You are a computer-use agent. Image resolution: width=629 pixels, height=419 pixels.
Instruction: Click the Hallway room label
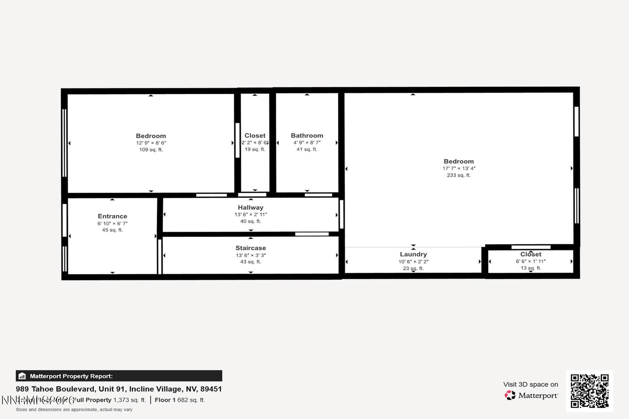(251, 208)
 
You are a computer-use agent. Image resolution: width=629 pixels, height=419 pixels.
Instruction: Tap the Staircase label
(251, 248)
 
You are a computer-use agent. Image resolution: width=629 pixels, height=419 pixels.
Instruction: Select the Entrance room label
(112, 216)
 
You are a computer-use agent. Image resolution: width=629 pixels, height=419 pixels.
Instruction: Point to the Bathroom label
(307, 136)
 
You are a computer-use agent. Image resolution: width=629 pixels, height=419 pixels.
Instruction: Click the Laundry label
(413, 254)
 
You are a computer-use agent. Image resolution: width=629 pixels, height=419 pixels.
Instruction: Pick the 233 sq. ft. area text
(459, 175)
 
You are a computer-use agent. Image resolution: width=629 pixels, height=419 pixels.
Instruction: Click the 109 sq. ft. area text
(151, 150)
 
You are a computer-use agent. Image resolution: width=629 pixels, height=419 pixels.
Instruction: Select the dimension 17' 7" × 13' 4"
(459, 168)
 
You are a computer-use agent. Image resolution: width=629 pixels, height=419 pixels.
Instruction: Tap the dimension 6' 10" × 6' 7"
(112, 224)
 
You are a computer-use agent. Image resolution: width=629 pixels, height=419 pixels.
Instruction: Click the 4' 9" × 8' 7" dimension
(307, 143)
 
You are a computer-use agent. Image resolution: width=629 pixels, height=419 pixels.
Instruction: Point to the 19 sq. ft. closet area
(255, 149)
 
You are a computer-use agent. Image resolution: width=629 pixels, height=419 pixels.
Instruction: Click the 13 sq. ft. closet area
(531, 268)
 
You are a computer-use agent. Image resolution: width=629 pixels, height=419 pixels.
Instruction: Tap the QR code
(589, 391)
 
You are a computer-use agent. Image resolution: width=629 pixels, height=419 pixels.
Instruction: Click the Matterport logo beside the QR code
(531, 395)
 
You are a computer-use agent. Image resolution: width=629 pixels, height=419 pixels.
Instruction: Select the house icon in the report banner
(22, 376)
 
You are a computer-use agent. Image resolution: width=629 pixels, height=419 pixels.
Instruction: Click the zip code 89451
(211, 389)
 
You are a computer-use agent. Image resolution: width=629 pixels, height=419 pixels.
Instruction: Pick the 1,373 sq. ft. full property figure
(129, 400)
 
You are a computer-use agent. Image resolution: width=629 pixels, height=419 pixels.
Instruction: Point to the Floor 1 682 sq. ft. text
(180, 400)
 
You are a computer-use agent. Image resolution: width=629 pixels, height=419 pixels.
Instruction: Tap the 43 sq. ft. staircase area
(251, 262)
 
